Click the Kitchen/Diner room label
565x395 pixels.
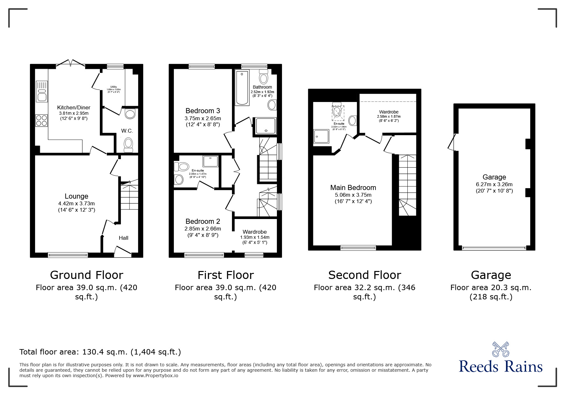[74, 107]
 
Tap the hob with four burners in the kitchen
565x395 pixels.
[41, 121]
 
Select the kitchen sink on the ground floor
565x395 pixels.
[41, 91]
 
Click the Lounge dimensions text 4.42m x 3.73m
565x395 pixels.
[76, 203]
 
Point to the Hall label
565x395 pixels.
[123, 238]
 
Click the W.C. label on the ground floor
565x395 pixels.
[127, 131]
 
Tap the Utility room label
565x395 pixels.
[113, 87]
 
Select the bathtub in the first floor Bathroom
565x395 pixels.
[242, 88]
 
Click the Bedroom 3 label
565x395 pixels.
[203, 111]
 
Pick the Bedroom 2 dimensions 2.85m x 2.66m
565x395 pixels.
[203, 229]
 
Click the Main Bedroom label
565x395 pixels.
[353, 188]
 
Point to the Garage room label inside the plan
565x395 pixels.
[494, 177]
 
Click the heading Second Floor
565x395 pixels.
[364, 275]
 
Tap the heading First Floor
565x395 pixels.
[226, 275]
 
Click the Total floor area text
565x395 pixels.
[100, 352]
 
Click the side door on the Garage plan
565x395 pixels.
[451, 142]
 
